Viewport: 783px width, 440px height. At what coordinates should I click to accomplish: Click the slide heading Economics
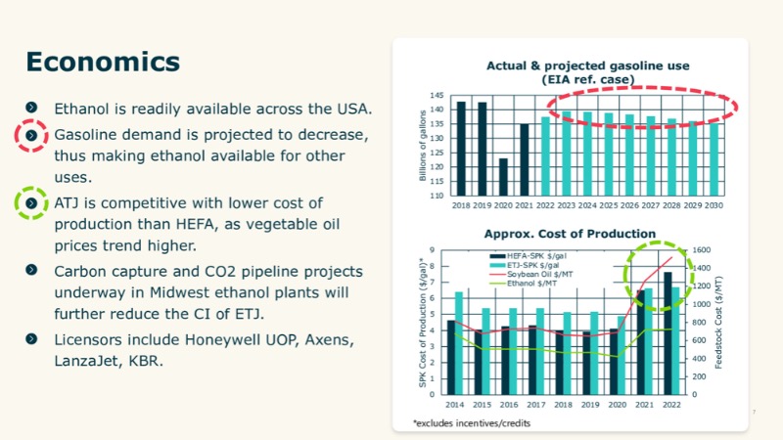[103, 61]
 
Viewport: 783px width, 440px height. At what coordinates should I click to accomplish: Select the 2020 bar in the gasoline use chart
[503, 177]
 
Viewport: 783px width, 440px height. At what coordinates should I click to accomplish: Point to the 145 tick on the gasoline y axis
[438, 95]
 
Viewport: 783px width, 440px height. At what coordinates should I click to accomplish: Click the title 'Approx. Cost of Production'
[570, 234]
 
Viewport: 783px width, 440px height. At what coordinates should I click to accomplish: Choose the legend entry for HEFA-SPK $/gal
[526, 256]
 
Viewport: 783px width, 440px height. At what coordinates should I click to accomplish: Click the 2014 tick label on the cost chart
[454, 403]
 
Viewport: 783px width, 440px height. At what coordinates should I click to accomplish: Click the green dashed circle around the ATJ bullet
[32, 203]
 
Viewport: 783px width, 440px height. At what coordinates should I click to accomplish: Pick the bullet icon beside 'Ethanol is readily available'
[32, 107]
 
